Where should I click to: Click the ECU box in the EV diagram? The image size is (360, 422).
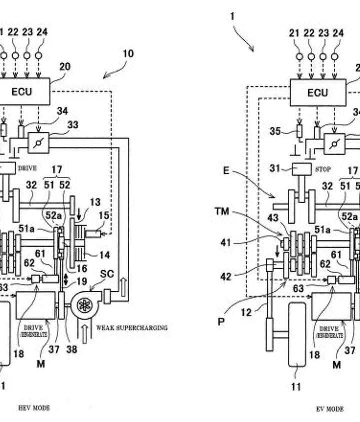coord(318,92)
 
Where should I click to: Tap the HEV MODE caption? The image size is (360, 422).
coord(34,408)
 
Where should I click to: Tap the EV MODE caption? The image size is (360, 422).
coord(330,409)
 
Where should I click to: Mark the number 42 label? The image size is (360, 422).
coord(224,276)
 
